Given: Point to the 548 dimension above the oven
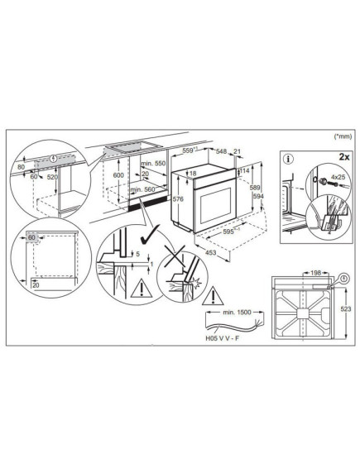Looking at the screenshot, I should pos(223,152).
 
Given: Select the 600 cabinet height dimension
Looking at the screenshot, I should pos(94,175).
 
